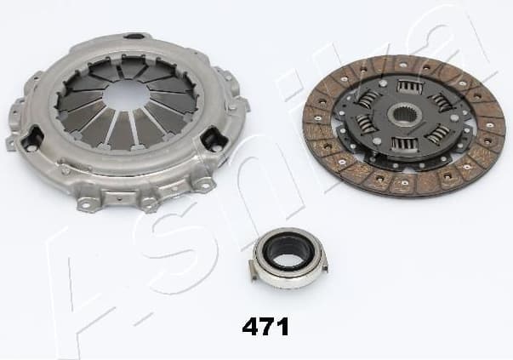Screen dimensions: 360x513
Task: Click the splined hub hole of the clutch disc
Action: tap(404, 117)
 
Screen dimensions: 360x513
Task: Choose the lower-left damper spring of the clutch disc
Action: tap(373, 133)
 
